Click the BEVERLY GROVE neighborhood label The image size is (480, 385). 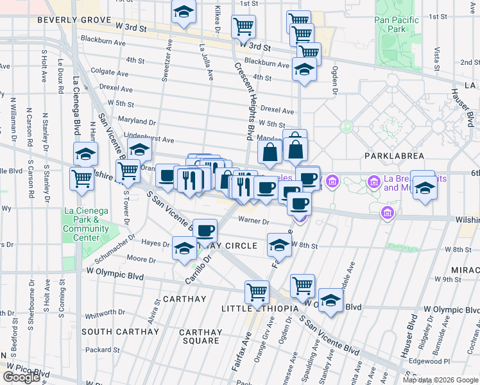tap(65, 20)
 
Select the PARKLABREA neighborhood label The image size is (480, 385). tap(391, 156)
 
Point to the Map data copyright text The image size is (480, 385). tap(440, 380)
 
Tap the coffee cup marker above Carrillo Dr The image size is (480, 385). tap(205, 230)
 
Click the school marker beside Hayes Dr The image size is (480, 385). tap(184, 248)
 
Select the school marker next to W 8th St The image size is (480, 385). tap(279, 245)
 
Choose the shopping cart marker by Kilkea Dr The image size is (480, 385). tap(243, 26)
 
